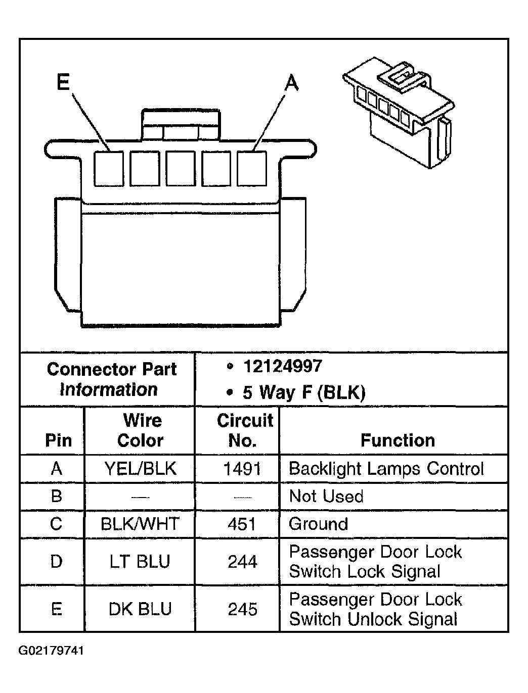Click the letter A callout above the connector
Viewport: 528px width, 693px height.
291,82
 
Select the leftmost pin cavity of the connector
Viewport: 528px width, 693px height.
109,168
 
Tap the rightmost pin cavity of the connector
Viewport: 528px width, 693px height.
252,168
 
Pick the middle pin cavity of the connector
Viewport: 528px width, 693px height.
181,168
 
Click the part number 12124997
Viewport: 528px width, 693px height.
283,366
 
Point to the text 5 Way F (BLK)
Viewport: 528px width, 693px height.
304,393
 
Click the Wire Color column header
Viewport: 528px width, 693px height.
141,430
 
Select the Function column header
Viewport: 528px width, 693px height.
398,440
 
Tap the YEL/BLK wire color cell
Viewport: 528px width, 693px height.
140,469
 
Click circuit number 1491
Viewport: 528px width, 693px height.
242,469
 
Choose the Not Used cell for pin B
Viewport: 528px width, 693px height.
326,496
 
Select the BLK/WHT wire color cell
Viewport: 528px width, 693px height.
140,524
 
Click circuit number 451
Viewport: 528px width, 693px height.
242,524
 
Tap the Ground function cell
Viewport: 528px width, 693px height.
318,524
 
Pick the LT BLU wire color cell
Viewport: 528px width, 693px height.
140,561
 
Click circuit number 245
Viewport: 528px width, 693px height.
242,609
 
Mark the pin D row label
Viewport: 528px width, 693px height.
57,561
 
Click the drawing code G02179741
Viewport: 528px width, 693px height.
51,651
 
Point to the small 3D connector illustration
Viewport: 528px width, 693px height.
399,113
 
